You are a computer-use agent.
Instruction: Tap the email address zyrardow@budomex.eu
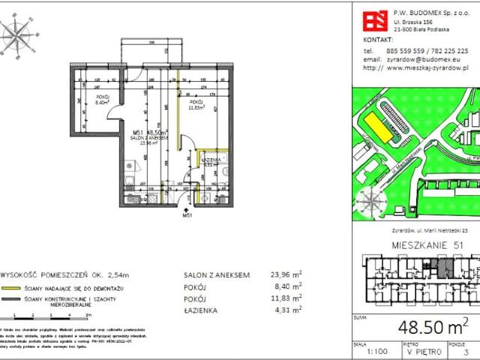[x=414, y=58]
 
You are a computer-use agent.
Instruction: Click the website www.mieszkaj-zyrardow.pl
[x=428, y=67]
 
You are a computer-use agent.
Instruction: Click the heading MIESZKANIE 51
[x=425, y=246]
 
